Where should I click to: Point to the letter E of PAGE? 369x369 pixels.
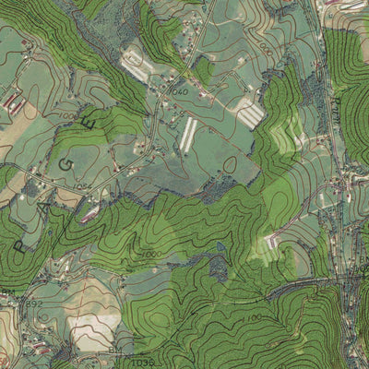[x=89, y=121]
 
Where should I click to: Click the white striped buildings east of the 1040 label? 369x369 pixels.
[x=249, y=112]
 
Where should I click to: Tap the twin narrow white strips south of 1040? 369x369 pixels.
[x=188, y=133]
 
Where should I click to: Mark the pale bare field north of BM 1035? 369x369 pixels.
[x=95, y=325]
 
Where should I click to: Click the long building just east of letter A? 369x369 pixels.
[x=89, y=216]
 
